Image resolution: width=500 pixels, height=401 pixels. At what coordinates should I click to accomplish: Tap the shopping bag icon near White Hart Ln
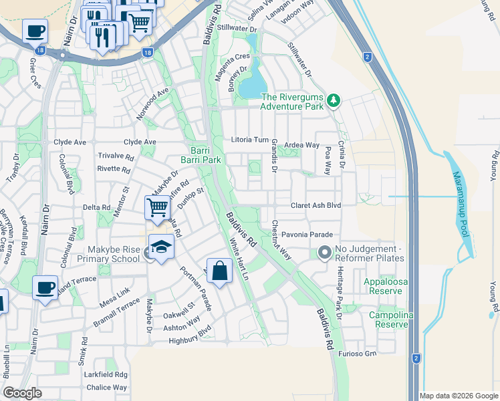tap(219, 271)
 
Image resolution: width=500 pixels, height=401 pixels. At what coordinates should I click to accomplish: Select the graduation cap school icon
tap(160, 247)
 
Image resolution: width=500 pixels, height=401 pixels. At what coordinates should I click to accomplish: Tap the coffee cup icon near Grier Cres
tap(35, 31)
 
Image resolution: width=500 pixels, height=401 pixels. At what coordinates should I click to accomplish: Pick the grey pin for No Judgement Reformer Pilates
tap(325, 253)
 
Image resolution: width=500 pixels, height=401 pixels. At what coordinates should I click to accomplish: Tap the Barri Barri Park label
tap(201, 155)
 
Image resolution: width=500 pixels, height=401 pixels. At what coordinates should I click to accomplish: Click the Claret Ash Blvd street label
tap(316, 206)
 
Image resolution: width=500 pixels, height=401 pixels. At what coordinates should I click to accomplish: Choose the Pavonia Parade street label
tap(306, 235)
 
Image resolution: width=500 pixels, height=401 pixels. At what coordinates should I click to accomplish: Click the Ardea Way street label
tap(302, 145)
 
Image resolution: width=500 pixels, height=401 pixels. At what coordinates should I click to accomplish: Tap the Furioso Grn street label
tap(358, 353)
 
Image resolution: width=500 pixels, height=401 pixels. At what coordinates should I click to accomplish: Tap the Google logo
tap(22, 393)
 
